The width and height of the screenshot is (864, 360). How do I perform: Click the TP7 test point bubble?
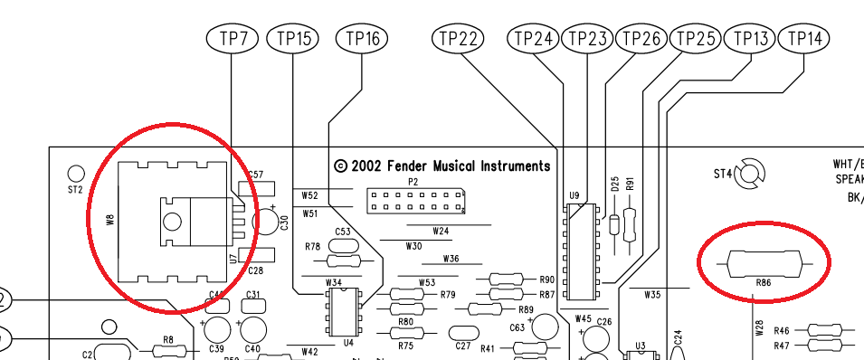pos(233,39)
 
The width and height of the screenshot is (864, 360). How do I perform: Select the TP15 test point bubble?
pos(293,39)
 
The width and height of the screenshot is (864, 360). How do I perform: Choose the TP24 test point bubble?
pos(533,39)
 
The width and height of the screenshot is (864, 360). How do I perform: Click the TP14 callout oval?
pos(805,39)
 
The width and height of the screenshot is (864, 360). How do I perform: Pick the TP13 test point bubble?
pos(751,39)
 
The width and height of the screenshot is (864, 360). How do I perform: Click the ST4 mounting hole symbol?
pos(750,173)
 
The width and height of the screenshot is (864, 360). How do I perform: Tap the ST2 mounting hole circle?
pos(75,173)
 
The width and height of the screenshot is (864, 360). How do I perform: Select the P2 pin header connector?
pos(415,201)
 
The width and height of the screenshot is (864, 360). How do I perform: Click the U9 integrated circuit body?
pos(582,251)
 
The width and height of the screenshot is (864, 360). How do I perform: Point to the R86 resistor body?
pos(764,263)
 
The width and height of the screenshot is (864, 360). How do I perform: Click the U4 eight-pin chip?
pos(342,311)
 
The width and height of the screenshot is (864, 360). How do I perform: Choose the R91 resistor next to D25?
pos(631,220)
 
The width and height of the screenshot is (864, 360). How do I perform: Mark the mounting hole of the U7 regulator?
pos(171,220)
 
